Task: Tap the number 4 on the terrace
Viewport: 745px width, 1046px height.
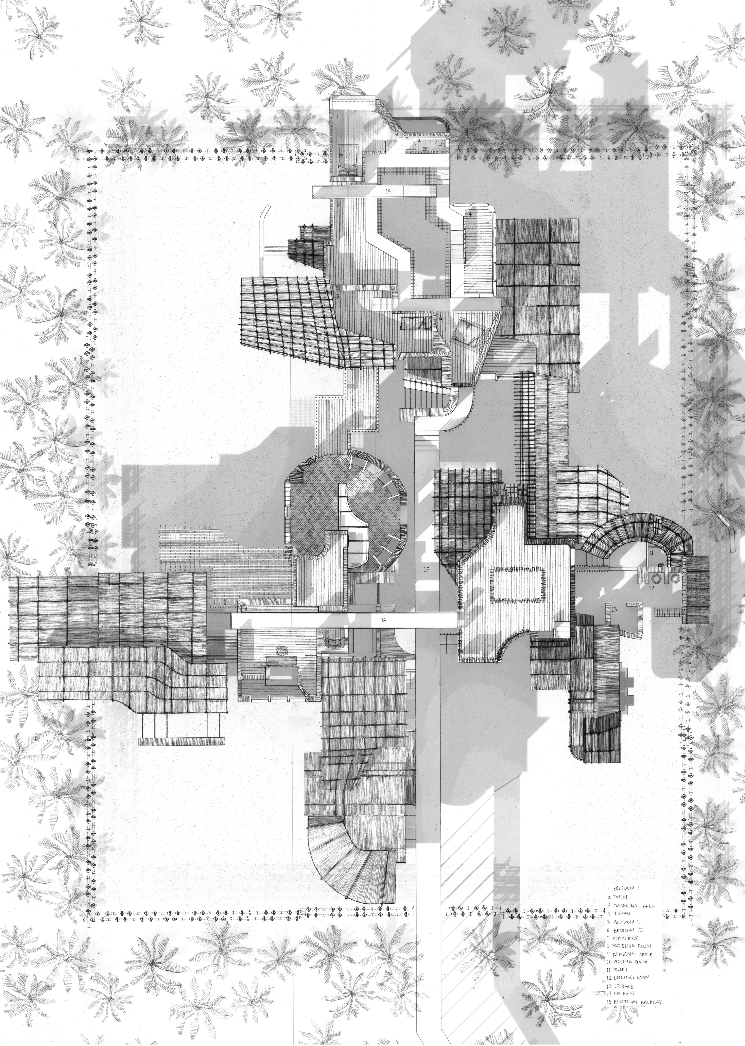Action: click(x=470, y=214)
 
